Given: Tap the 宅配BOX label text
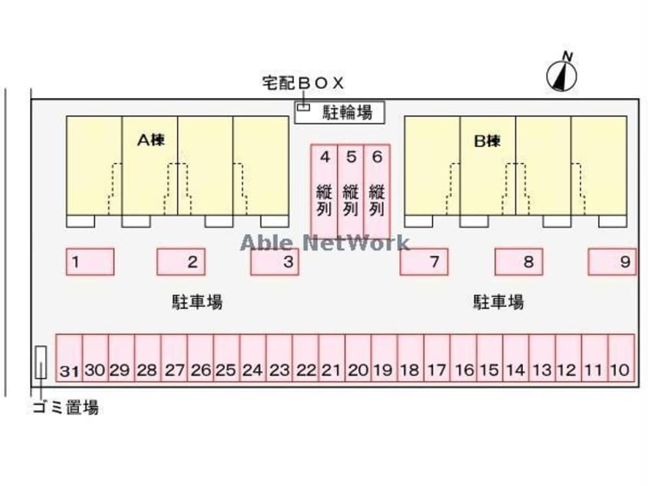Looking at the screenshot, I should [x=303, y=84].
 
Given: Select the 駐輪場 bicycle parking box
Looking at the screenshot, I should [x=339, y=113].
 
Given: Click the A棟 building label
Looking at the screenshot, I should [x=152, y=140].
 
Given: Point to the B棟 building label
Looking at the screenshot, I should [x=487, y=140].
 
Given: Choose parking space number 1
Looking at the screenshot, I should [x=90, y=261].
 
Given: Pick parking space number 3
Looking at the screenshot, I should [x=274, y=261].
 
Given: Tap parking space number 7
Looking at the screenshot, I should [x=424, y=261].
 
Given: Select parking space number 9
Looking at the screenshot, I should [x=612, y=261].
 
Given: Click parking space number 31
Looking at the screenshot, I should [x=69, y=358].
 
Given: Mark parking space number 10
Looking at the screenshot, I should [x=620, y=358].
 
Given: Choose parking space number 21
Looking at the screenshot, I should [x=331, y=358].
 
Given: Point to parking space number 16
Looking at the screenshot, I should [x=463, y=358].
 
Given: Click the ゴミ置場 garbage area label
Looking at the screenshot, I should [x=65, y=407].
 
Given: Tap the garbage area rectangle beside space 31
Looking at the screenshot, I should [x=41, y=363].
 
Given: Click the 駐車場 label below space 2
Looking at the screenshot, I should [x=197, y=302].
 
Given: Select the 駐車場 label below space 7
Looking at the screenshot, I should [x=499, y=302].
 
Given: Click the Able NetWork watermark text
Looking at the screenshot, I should [x=325, y=243].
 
